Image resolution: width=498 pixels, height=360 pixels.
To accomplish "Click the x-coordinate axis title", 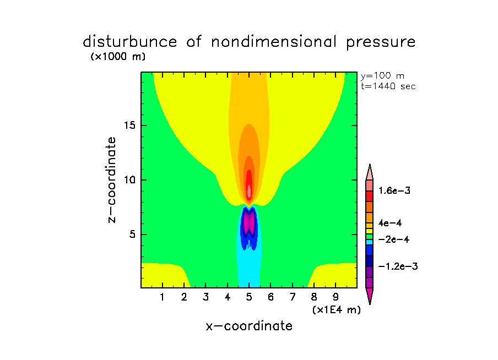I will pos(249,326).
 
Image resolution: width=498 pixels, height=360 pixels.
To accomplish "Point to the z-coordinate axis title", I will pos(112,179).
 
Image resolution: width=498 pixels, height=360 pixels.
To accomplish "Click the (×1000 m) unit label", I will pos(118,57).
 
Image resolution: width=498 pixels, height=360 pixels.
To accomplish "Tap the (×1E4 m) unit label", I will pos(336,310).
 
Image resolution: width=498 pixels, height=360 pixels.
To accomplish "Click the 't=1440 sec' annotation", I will pos(388,86).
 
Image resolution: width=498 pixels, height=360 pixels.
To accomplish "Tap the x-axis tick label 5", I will pos(249,298).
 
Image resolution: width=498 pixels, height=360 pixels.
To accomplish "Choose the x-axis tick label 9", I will pos(335,298).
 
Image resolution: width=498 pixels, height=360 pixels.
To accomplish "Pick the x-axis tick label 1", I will pos(163,298).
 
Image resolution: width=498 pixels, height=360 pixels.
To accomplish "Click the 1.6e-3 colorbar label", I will pos(394,190).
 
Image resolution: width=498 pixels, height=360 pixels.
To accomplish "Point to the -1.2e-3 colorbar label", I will pos(398,266).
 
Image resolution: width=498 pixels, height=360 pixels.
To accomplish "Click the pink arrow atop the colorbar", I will pos(370,171).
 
